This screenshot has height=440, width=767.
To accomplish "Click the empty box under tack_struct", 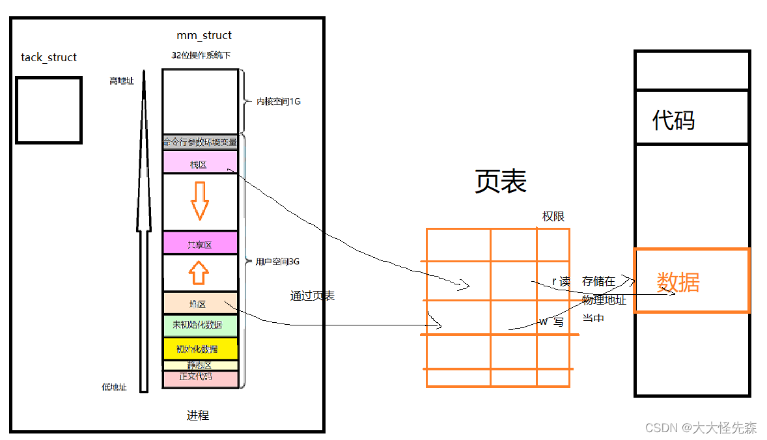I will point(49,110).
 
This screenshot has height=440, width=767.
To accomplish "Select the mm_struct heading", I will point(204,35).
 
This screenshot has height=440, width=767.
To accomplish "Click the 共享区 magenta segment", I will point(200,244).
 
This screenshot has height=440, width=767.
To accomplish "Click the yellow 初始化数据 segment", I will point(200,348).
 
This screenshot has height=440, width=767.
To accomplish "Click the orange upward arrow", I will point(199,273).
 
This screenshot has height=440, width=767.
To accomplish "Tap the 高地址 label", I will point(122,81).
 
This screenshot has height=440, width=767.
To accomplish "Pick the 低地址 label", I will point(115,387).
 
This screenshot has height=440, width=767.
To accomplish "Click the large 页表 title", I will point(500,182).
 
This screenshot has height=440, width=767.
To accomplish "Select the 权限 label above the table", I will point(553,217).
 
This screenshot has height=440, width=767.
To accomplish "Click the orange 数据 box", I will point(691,281).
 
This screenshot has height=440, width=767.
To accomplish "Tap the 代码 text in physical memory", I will point(673,120).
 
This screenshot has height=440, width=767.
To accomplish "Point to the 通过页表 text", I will point(313,296).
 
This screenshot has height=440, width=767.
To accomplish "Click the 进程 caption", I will point(198,415).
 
